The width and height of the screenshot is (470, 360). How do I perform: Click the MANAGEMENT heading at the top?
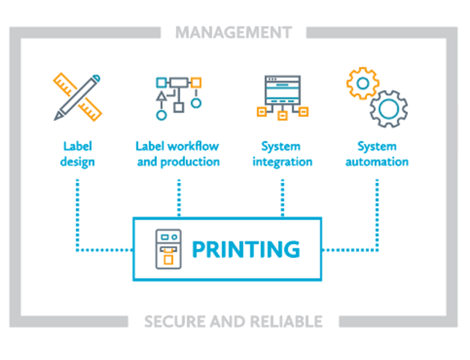point(233,32)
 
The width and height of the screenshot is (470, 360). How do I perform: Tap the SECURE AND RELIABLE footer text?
point(233,322)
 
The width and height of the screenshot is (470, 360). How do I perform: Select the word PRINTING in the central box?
point(246,249)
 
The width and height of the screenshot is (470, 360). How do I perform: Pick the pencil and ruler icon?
point(77,96)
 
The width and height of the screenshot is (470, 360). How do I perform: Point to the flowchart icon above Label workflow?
point(177,96)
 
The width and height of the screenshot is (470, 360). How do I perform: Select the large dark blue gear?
point(388,108)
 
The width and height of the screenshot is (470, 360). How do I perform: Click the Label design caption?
point(77,154)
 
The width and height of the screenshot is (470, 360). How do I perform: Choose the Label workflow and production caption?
point(178,154)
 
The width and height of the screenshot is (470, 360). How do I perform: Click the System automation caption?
point(382,154)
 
